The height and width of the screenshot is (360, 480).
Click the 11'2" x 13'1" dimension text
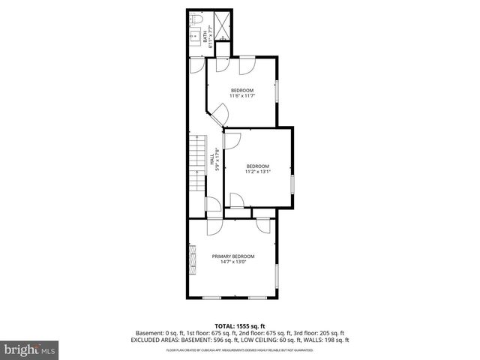[257, 172]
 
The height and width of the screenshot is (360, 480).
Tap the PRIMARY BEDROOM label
[232, 256]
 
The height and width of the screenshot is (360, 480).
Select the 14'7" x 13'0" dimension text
[232, 262]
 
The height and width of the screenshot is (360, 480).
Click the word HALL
[212, 160]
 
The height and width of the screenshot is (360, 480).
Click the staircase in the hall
[196, 165]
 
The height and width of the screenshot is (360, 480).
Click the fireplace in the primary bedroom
[191, 257]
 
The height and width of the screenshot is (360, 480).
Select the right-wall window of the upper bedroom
[277, 90]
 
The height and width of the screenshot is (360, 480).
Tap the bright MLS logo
[29, 350]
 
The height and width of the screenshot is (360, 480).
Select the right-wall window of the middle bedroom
[292, 185]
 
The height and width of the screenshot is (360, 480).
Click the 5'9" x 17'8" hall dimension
[218, 160]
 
